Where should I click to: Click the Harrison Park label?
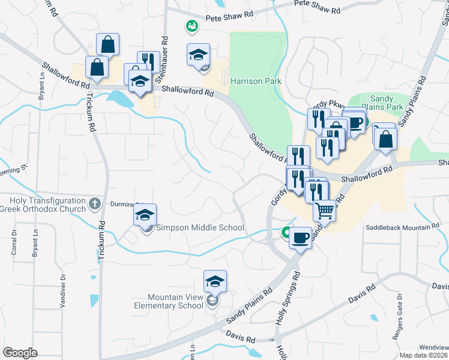click(x=256, y=80)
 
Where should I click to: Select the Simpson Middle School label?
click(x=200, y=227)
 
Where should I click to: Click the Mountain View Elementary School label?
click(x=177, y=301)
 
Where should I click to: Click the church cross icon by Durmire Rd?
click(x=94, y=204)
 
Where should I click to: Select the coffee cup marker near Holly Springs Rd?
click(x=300, y=237)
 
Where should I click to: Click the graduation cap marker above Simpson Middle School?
click(x=145, y=214)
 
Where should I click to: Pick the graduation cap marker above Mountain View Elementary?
click(x=215, y=280)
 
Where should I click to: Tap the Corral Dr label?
click(x=13, y=242)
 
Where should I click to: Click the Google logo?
click(x=20, y=353)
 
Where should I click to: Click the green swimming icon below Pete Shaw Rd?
click(x=192, y=26)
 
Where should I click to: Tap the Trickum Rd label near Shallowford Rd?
click(x=91, y=112)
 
